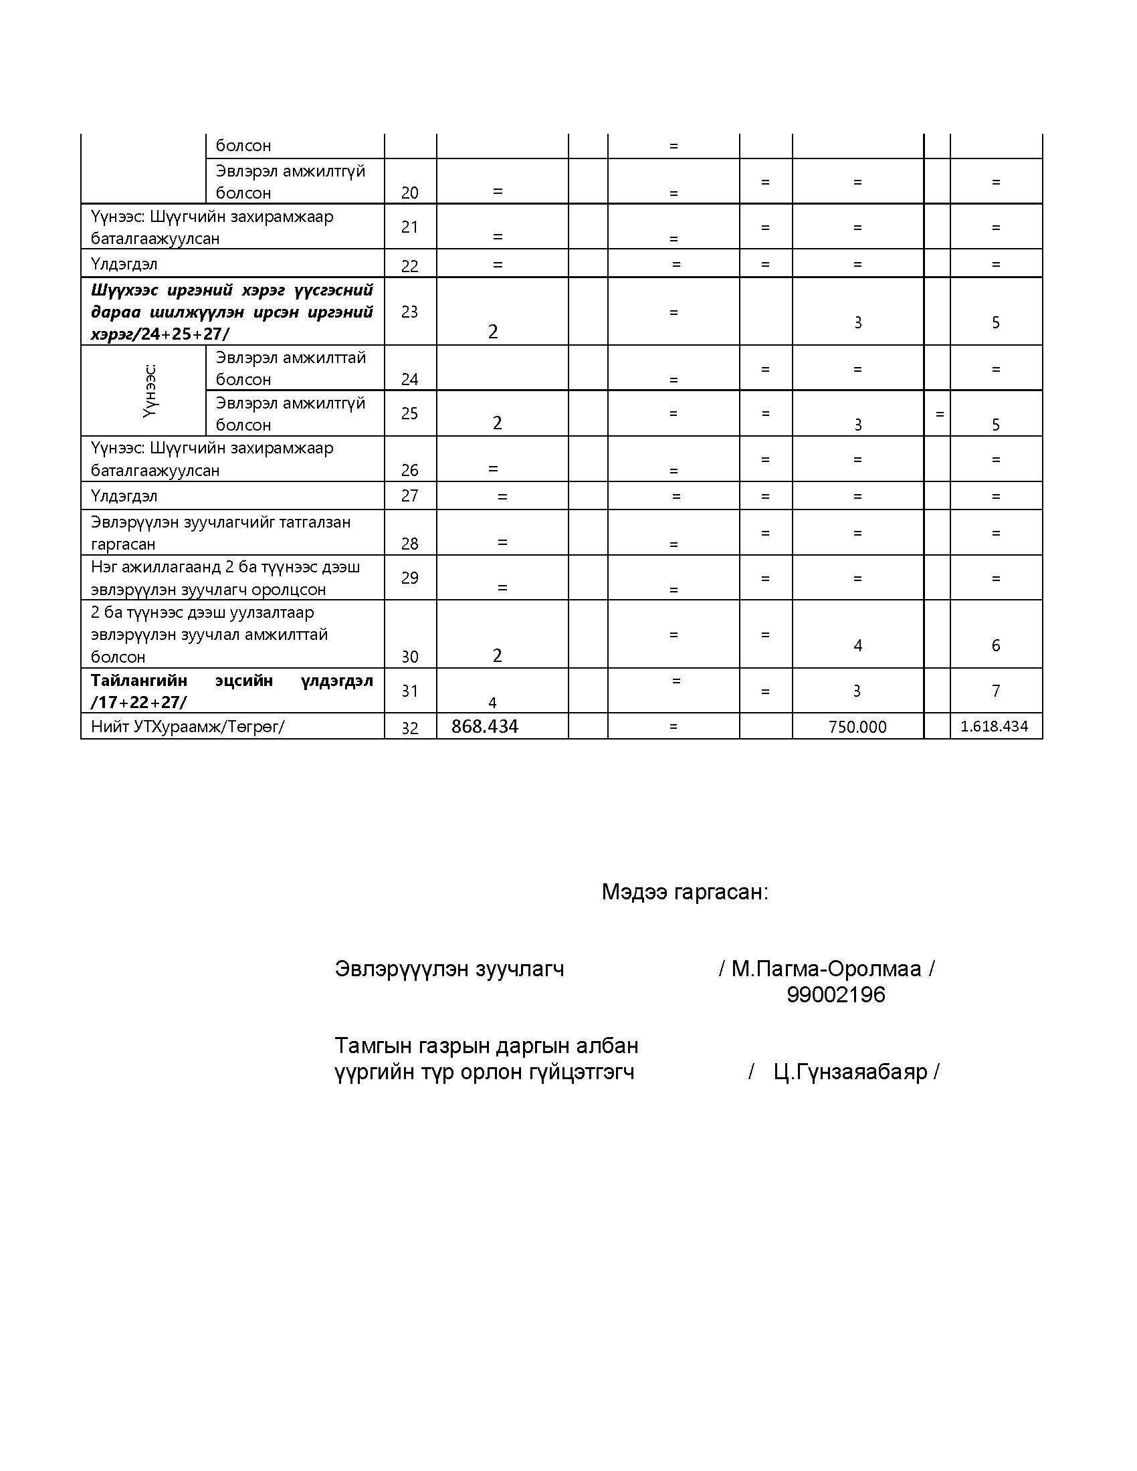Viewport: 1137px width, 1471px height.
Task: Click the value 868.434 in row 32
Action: pos(484,726)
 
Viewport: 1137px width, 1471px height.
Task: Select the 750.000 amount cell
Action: pos(857,727)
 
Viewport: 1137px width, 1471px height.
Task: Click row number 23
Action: pos(409,311)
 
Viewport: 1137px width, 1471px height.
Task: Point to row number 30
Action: pos(409,656)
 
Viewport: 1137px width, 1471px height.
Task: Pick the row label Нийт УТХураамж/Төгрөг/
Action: pos(188,727)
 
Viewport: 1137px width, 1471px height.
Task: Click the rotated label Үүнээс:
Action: pos(150,390)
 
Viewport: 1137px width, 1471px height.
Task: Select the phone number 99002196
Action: pos(835,995)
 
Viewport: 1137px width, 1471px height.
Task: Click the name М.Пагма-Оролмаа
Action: pos(826,969)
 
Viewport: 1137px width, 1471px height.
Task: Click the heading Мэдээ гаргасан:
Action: pos(684,892)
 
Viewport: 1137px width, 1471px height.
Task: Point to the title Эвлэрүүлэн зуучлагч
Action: pos(449,969)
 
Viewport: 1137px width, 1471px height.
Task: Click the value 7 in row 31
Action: pos(996,691)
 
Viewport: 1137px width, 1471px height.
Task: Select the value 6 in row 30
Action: pos(996,645)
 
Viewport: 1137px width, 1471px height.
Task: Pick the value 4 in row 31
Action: pos(492,703)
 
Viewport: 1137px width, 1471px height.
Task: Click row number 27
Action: pos(409,495)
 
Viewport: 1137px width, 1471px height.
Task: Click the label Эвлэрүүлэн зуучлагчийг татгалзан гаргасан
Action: pos(220,532)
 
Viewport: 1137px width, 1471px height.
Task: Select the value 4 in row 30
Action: pos(857,645)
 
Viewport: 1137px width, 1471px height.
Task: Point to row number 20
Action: pos(409,193)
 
